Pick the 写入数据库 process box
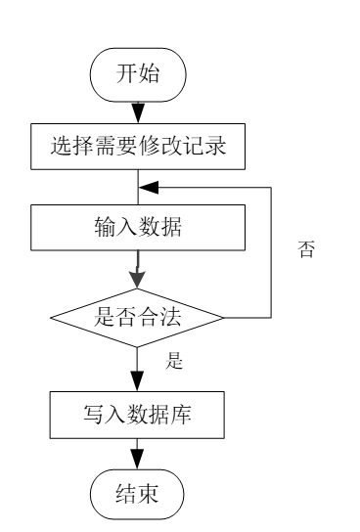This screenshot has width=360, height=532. tap(139, 415)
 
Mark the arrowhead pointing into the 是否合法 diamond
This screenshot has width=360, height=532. tap(139, 283)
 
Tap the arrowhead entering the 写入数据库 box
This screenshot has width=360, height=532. tap(139, 384)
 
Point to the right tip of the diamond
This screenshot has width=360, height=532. tap(225, 317)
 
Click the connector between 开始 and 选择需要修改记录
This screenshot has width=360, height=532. tap(139, 111)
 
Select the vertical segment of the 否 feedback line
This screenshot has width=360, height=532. tap(270, 249)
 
